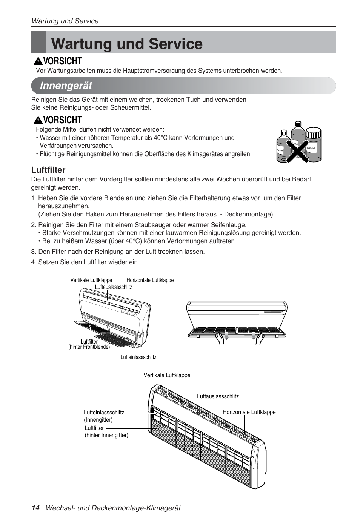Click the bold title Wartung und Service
(x=127, y=44)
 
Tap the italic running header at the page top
(x=65, y=21)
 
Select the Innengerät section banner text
(x=66, y=86)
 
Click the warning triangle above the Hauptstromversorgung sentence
(x=38, y=61)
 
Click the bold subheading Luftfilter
(x=48, y=170)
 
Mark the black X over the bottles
(x=297, y=150)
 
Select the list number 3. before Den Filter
(x=34, y=252)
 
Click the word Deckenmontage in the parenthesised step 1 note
(x=247, y=214)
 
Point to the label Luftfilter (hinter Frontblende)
(x=89, y=344)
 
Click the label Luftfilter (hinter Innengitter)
(x=106, y=431)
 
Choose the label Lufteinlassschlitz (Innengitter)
(x=104, y=416)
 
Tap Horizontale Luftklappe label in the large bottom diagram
(x=249, y=412)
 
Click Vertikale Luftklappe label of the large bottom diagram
(x=167, y=375)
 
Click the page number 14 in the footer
(x=35, y=508)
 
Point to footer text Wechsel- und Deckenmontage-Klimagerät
(x=113, y=508)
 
